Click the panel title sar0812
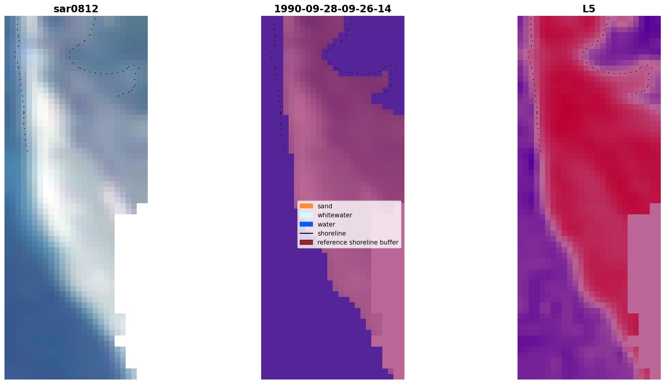76,9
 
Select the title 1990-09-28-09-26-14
333,9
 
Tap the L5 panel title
589,9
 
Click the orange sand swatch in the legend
306,206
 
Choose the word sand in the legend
325,206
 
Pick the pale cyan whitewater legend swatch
306,215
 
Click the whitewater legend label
335,215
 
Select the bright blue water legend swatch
306,224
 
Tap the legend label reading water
326,224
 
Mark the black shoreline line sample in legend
306,233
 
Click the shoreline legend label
332,233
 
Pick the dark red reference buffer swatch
306,242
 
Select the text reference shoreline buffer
358,242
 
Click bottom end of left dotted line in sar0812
28,151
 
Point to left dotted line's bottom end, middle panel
284,151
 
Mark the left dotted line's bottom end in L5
541,151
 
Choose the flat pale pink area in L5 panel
643,269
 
